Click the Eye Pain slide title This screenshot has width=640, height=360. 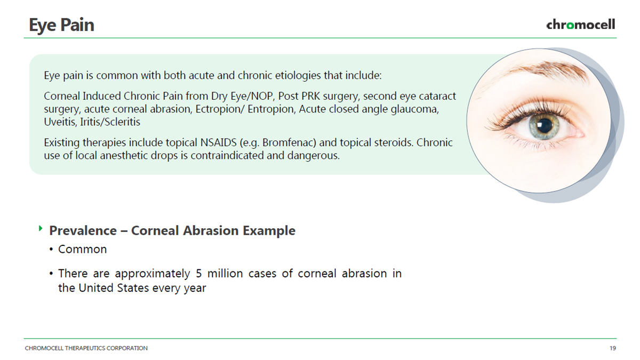click(x=61, y=25)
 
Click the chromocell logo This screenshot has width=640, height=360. click(x=581, y=25)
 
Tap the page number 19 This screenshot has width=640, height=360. click(x=613, y=348)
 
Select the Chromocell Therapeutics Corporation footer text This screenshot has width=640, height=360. click(x=86, y=348)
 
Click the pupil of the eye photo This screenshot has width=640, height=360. click(x=545, y=126)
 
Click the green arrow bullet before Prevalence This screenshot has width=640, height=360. click(x=41, y=228)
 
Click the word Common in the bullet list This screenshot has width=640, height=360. click(x=82, y=249)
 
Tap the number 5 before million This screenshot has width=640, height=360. click(x=199, y=274)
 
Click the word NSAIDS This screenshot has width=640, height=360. click(x=218, y=142)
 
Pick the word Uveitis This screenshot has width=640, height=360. click(x=60, y=122)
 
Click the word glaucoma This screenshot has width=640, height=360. click(x=414, y=109)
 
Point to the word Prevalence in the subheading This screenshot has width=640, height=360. click(x=83, y=230)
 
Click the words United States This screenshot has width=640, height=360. click(x=114, y=287)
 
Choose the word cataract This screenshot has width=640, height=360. click(x=437, y=97)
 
